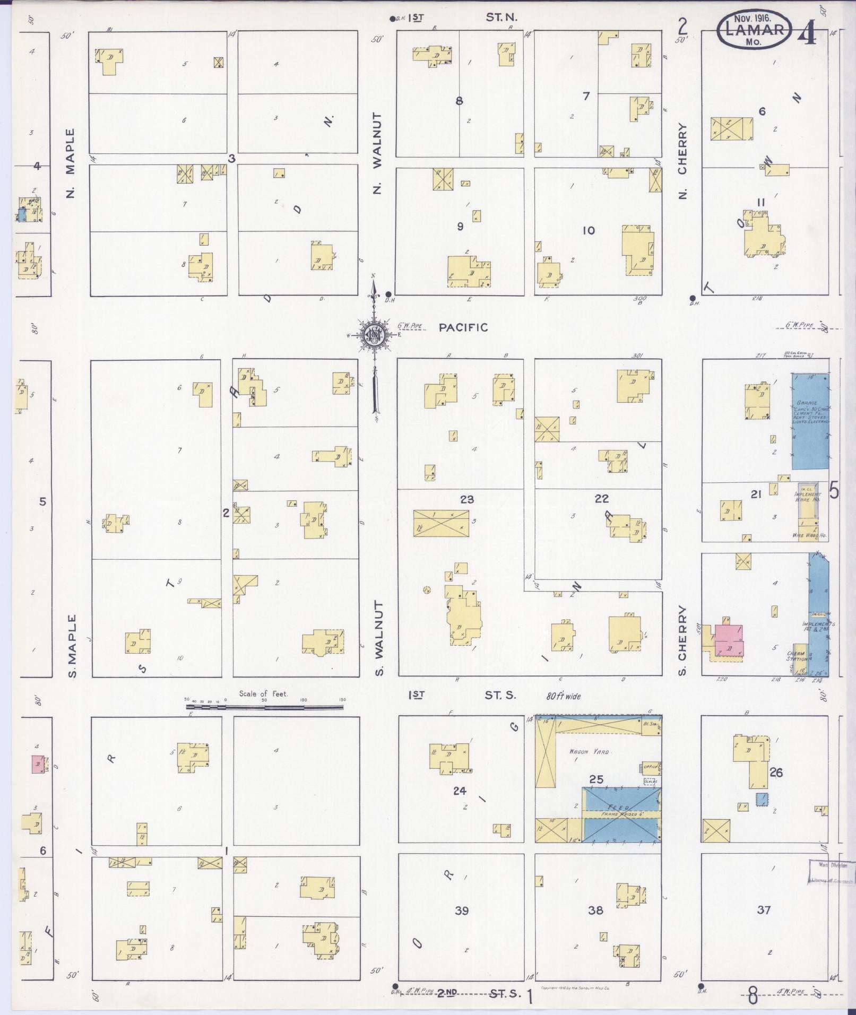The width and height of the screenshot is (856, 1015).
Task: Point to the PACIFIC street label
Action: pyautogui.click(x=463, y=328)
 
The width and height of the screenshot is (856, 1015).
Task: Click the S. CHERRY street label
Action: pyautogui.click(x=682, y=640)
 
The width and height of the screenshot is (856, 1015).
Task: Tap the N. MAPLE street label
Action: pyautogui.click(x=71, y=163)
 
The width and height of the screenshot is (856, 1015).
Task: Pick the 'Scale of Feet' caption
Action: pyautogui.click(x=263, y=693)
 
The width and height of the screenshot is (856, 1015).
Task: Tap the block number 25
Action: pyautogui.click(x=596, y=779)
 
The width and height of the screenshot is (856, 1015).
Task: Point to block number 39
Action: pyautogui.click(x=462, y=910)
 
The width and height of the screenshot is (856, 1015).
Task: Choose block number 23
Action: pyautogui.click(x=467, y=499)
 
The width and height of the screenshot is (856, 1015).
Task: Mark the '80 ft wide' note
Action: pyautogui.click(x=564, y=696)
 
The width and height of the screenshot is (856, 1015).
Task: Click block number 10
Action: pyautogui.click(x=589, y=231)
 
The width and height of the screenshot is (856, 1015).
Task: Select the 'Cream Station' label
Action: pyautogui.click(x=796, y=656)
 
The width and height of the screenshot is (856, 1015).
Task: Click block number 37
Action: pyautogui.click(x=764, y=910)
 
